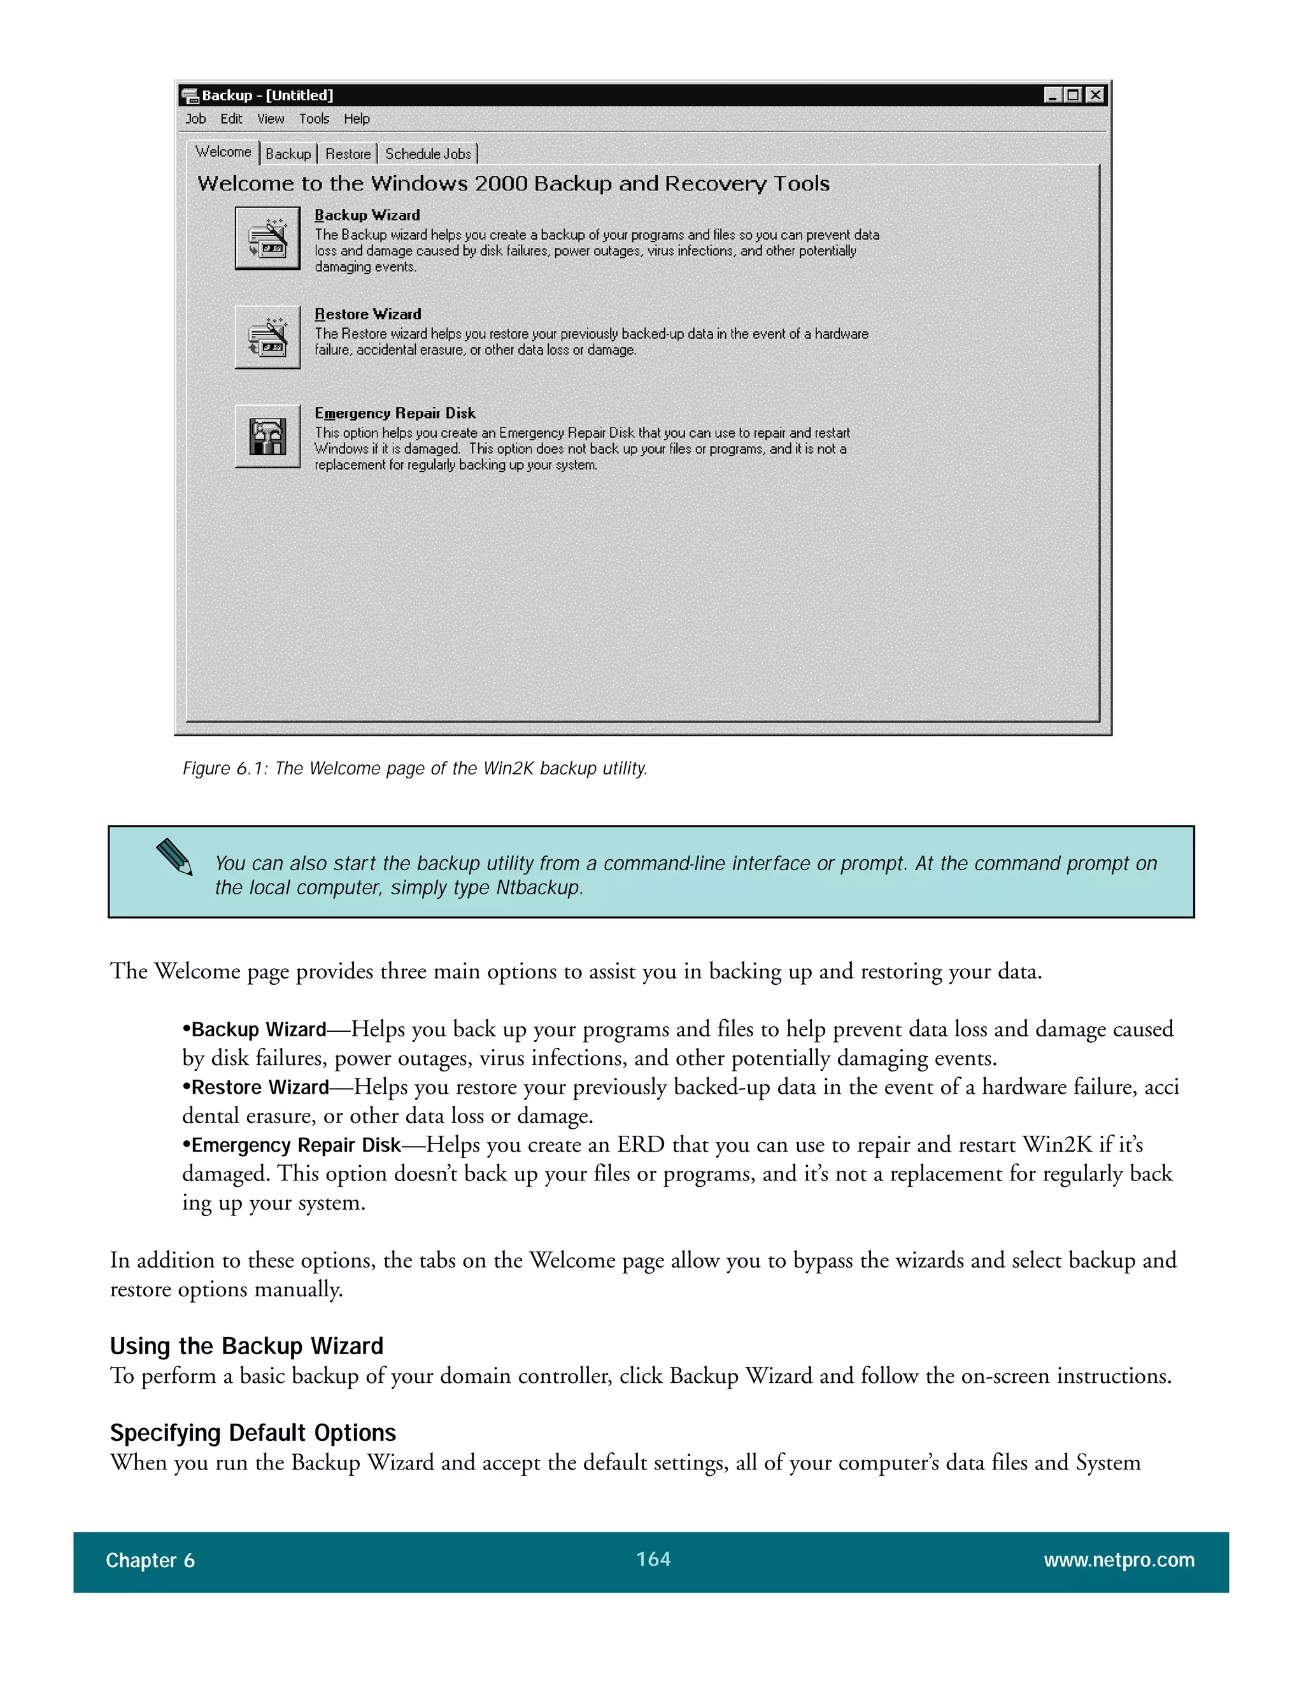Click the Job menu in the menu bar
pos(195,119)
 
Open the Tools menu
pos(314,119)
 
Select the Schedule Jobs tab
pos(428,154)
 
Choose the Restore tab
pos(348,154)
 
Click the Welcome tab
pos(223,152)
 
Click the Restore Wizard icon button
pos(267,337)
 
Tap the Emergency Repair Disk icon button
pos(267,436)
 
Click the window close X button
pos(1095,95)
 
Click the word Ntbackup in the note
pos(537,887)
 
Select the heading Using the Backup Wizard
pos(246,1345)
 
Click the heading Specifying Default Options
pos(253,1432)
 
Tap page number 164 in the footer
pos(653,1559)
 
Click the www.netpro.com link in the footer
pos(1119,1560)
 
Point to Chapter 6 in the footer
pos(150,1561)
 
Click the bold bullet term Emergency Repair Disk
pos(296,1145)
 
